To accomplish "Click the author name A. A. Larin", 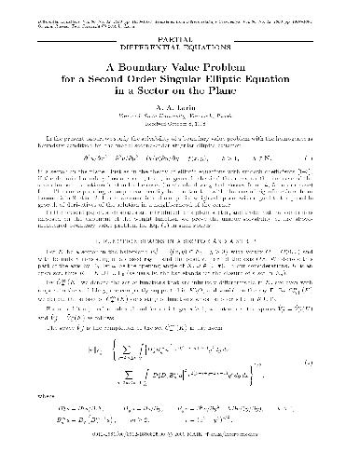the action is point(180,109).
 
